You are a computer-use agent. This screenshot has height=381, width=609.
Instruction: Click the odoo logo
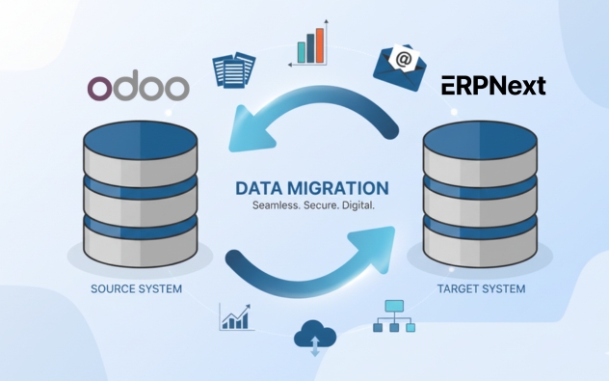pos(138,87)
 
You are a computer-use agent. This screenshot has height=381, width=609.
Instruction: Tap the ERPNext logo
pos(493,86)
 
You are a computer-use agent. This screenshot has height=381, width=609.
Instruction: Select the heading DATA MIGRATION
pos(313,188)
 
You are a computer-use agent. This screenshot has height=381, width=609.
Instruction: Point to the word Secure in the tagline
pos(326,206)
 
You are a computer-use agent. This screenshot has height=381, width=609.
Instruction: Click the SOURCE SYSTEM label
pos(136,288)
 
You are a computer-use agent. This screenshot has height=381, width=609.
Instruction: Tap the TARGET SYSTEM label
pos(481,288)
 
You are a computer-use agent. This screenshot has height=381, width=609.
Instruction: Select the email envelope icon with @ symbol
pos(400,64)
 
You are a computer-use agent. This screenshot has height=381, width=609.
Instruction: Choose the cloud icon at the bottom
pos(314,337)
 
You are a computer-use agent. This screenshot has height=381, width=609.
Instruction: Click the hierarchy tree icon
pos(394,315)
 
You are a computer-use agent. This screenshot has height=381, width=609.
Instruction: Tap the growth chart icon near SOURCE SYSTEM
pos(236,316)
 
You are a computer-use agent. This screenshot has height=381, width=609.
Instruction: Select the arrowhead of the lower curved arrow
pos(382,235)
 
